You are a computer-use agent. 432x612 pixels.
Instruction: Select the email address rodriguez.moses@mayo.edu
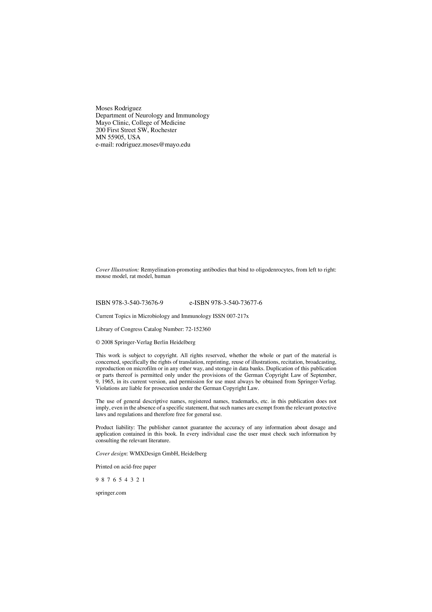(x=153, y=145)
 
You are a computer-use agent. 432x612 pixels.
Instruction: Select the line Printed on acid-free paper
(x=126, y=467)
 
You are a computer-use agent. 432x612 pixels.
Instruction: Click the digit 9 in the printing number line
(x=97, y=480)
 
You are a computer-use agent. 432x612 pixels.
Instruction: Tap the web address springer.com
(x=111, y=493)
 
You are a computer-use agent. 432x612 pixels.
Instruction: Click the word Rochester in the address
(x=164, y=130)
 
